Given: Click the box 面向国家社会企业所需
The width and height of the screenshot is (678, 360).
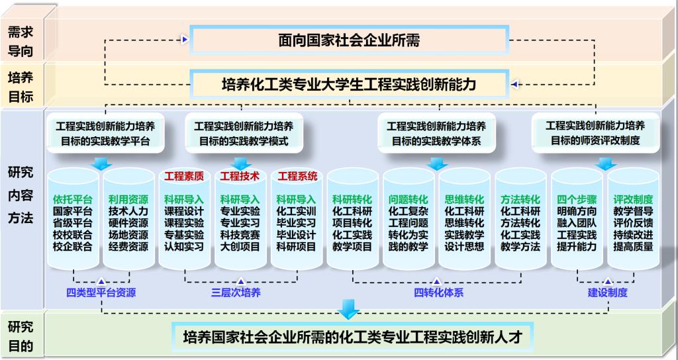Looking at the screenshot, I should [349, 41].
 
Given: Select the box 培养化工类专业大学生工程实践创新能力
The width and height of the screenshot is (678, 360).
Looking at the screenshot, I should [349, 84].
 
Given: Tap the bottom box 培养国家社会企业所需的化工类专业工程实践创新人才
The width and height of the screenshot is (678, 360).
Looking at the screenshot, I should [349, 337].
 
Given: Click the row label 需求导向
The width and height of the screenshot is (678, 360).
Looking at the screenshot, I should [21, 41].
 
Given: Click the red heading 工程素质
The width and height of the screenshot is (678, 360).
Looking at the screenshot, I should [185, 177].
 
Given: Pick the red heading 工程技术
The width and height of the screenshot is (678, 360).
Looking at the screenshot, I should [240, 177].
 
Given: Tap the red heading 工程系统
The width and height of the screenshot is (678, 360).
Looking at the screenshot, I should [297, 177].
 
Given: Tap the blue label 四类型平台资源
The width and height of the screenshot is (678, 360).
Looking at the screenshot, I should [101, 292].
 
